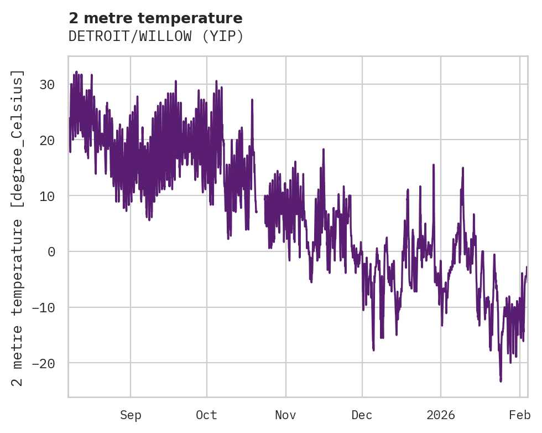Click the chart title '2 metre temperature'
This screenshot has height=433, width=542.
point(155,18)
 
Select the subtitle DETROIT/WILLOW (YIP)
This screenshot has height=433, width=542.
point(155,37)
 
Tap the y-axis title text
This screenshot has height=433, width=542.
point(18,228)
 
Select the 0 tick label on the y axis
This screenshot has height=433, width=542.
point(51,252)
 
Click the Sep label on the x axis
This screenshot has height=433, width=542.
point(131,415)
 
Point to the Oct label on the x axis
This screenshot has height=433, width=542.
point(207,415)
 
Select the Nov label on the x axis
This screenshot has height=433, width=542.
point(286,415)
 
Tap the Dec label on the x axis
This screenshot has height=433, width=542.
point(362,415)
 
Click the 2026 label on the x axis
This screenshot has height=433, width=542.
point(441,415)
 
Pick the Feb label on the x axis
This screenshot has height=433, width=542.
point(520,415)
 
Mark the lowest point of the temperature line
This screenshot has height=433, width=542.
point(501,381)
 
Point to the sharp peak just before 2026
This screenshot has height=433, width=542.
point(434,164)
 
